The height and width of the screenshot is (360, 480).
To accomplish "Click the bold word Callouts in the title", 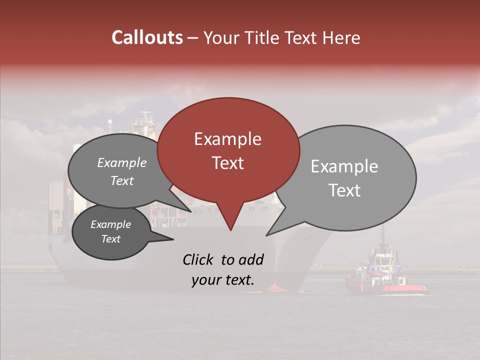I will point(147,37).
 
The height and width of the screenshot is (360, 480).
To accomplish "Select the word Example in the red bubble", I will point(227,139).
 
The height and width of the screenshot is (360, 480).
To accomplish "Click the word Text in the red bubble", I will point(227,163).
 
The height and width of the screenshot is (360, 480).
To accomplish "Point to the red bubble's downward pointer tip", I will point(230,230).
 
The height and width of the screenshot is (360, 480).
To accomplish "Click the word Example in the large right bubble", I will point(344,166).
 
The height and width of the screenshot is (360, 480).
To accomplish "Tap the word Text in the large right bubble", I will point(345,190).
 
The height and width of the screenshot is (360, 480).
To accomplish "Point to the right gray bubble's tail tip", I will point(266,235).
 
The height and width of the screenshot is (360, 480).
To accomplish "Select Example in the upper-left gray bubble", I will point(122,162).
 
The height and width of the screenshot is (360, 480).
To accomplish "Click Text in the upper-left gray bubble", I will point(122,180).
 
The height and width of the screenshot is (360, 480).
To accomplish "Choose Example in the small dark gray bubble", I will point(110,224).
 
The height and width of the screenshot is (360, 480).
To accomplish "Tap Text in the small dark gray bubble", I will point(110,239).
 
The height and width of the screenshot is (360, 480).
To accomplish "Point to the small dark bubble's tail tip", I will point(173,239).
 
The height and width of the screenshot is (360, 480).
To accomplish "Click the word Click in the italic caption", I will point(198,259).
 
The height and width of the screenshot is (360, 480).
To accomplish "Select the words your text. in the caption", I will point(222,280).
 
